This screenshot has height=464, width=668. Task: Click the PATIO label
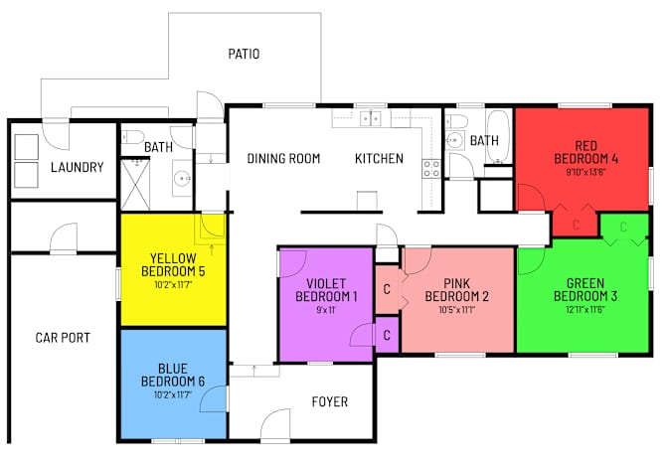click(244, 54)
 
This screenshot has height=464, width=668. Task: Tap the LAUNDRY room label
click(78, 167)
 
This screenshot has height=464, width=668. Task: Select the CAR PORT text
click(63, 338)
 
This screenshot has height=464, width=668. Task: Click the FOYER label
click(330, 401)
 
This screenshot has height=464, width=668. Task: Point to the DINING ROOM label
click(283, 158)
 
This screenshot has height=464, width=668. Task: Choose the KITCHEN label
click(379, 158)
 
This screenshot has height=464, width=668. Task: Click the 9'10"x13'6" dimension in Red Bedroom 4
click(585, 172)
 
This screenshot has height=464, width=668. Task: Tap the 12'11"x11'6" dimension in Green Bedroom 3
click(585, 309)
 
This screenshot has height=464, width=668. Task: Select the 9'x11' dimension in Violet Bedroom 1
click(326, 310)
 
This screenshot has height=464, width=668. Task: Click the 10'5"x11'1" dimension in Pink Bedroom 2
click(456, 309)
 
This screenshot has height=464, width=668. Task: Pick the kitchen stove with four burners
click(431, 169)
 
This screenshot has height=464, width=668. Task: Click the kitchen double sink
click(371, 118)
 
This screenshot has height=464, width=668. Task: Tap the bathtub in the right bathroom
click(498, 137)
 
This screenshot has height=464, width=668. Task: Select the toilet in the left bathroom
click(132, 137)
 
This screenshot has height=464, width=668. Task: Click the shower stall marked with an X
click(135, 185)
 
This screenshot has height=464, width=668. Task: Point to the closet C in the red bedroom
click(576, 225)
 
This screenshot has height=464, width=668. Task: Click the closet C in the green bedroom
click(623, 227)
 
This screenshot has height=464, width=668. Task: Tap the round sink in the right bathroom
click(455, 140)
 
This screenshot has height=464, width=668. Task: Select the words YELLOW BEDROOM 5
click(173, 264)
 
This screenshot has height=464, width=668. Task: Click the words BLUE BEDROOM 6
click(173, 375)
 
